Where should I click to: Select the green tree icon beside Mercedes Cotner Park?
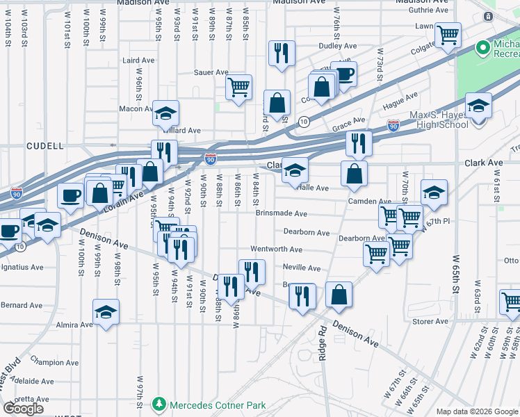tap(159, 404)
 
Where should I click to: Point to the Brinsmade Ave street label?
tap(281, 214)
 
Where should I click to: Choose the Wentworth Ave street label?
tap(276, 250)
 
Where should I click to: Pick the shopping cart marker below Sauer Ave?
tap(238, 87)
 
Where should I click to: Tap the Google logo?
tap(24, 408)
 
